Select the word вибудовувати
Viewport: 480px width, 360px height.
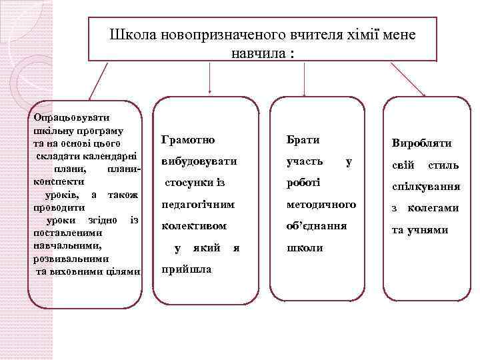tap(199, 161)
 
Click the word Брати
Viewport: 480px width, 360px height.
tap(303, 139)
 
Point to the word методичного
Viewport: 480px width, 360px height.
tap(321, 204)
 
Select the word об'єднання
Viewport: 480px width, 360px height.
tap(316, 225)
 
